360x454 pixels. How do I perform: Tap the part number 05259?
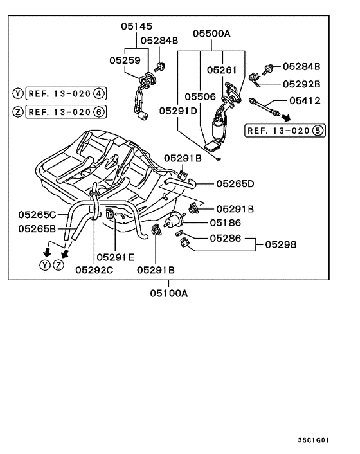point(124,60)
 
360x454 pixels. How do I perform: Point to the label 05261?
point(222,69)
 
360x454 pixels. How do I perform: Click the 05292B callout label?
point(301,84)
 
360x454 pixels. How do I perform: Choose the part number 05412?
point(304,100)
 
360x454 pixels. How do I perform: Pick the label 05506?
point(201,96)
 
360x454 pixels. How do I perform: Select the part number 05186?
point(225,222)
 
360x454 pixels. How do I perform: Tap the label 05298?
point(283,244)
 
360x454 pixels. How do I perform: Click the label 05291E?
point(115,257)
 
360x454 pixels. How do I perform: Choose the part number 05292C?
point(94,270)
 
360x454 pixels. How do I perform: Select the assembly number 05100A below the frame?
point(169,294)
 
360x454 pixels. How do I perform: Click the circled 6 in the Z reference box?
point(98,111)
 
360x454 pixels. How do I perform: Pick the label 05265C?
point(37,214)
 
